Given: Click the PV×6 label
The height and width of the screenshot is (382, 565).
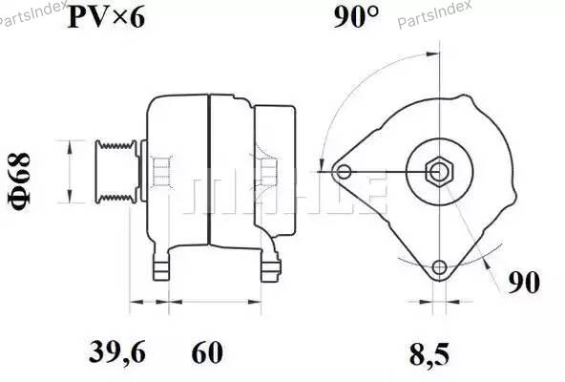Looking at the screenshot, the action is pyautogui.click(x=106, y=18).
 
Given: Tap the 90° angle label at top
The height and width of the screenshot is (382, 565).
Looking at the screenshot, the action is pyautogui.click(x=356, y=17).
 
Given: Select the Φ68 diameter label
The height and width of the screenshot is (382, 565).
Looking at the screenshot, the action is pyautogui.click(x=20, y=181).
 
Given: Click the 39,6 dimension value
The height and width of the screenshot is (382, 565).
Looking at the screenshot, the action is pyautogui.click(x=117, y=352).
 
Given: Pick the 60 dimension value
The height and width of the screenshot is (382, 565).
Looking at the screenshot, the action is pyautogui.click(x=207, y=352).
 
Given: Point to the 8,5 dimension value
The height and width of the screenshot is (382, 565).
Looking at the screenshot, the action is pyautogui.click(x=429, y=354).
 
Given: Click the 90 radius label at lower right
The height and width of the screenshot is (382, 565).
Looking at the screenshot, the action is pyautogui.click(x=524, y=283).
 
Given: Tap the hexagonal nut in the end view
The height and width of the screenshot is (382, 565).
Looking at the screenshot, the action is pyautogui.click(x=439, y=172).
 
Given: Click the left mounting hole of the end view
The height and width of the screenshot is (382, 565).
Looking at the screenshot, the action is pyautogui.click(x=344, y=172).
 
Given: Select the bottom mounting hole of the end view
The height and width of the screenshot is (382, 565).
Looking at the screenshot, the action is pyautogui.click(x=439, y=267).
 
